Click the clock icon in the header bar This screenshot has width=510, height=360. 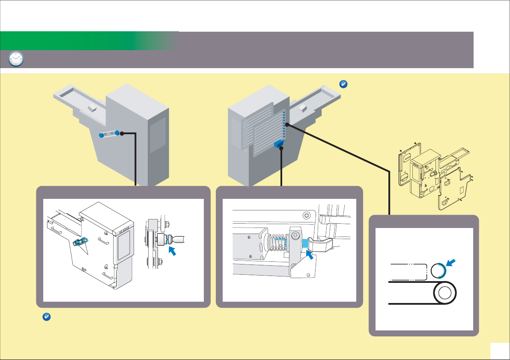pyautogui.click(x=16, y=59)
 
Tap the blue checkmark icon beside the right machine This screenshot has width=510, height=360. pyautogui.click(x=343, y=84)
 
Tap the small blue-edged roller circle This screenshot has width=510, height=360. pyautogui.click(x=438, y=271)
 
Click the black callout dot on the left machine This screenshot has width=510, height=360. pyautogui.click(x=122, y=133)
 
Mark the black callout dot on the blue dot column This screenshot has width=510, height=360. pyautogui.click(x=286, y=124)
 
